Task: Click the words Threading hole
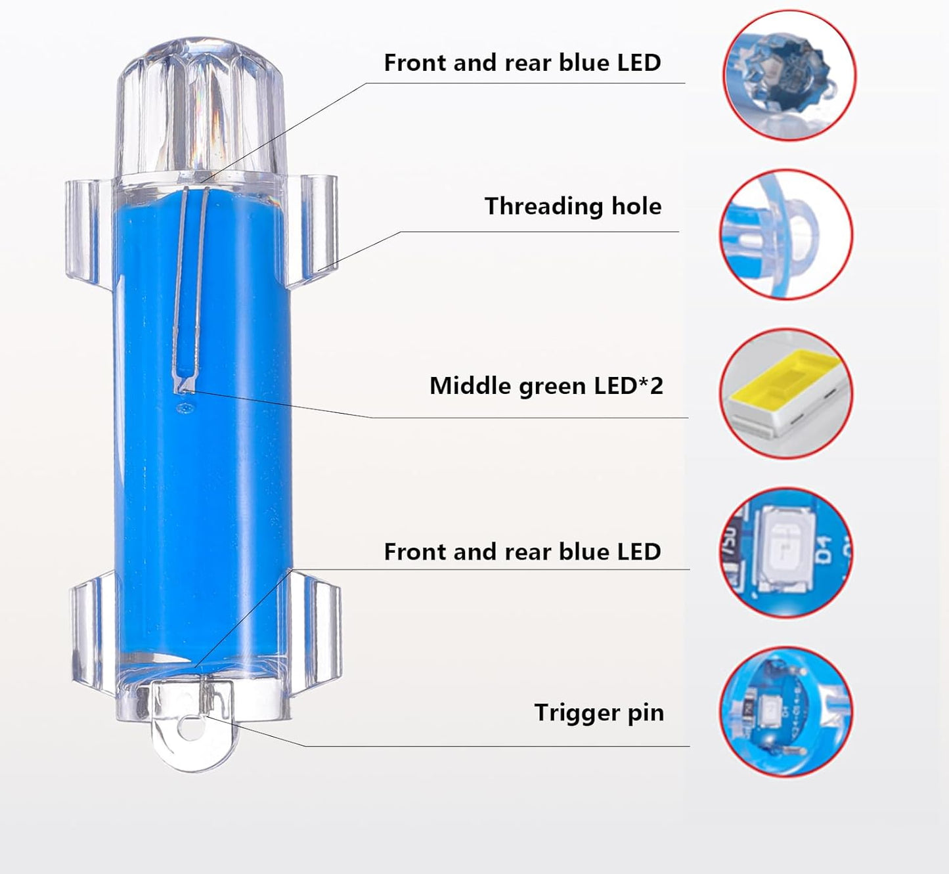tap(573, 206)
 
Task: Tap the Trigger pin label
tap(599, 712)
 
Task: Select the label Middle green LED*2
tap(546, 385)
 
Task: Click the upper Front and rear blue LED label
tap(522, 62)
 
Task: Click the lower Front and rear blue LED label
tap(522, 552)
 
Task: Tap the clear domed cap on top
tap(200, 109)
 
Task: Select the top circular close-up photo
tap(789, 76)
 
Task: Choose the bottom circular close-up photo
tap(786, 712)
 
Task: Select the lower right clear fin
tap(316, 629)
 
